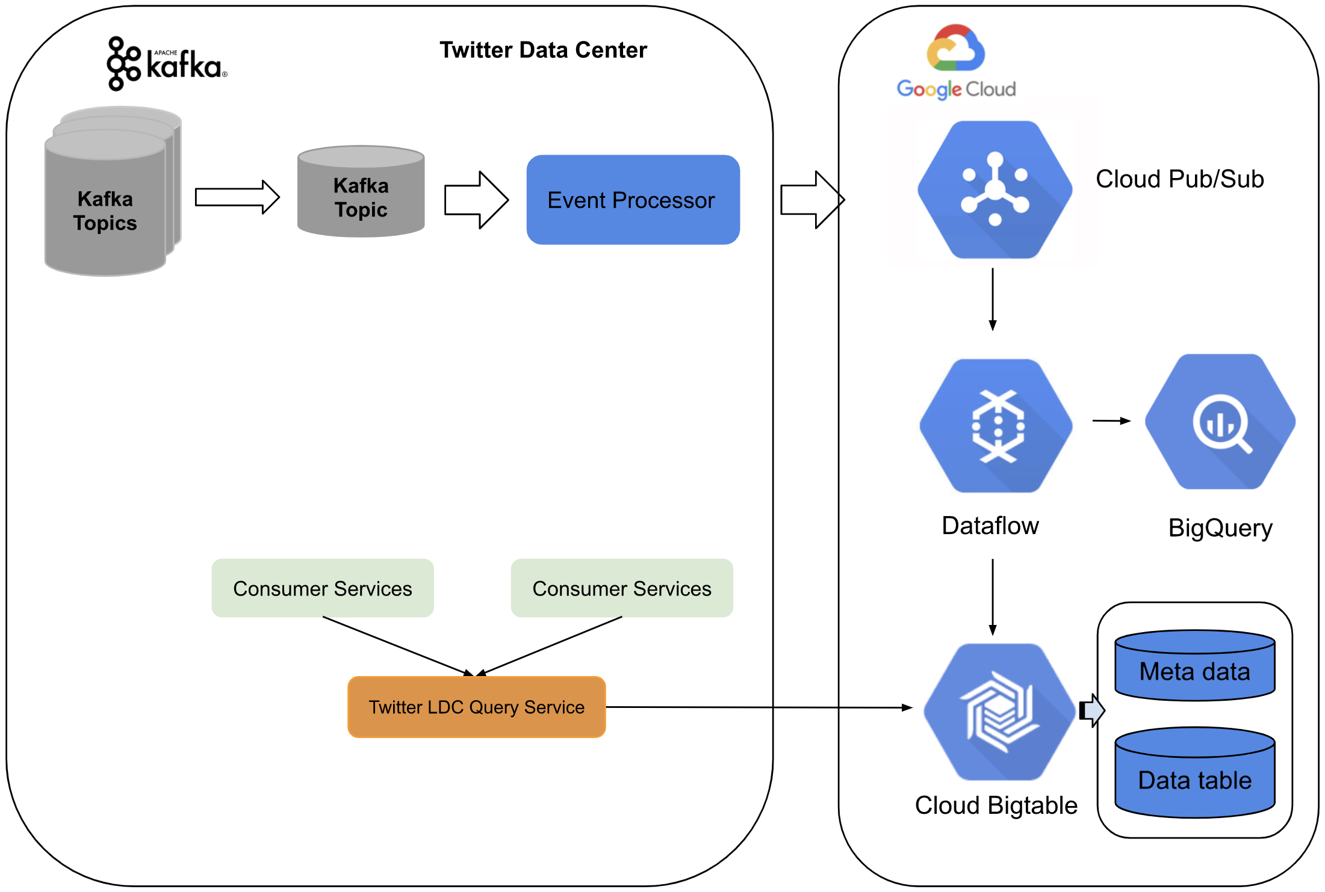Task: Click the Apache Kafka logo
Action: (x=167, y=64)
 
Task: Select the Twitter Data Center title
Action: (x=543, y=50)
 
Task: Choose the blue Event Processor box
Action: (x=633, y=200)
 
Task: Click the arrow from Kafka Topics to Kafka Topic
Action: (x=237, y=197)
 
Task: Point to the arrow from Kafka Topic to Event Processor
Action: (x=476, y=200)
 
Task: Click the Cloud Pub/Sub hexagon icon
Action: (x=995, y=190)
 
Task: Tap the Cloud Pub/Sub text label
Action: (x=1179, y=179)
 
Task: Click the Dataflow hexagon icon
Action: (x=996, y=426)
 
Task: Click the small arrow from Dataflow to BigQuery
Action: (x=1111, y=421)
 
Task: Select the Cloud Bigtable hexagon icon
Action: (x=999, y=712)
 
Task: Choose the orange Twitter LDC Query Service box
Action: (x=476, y=707)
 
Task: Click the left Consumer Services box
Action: (x=323, y=588)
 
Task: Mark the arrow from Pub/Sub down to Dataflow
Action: (x=993, y=299)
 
